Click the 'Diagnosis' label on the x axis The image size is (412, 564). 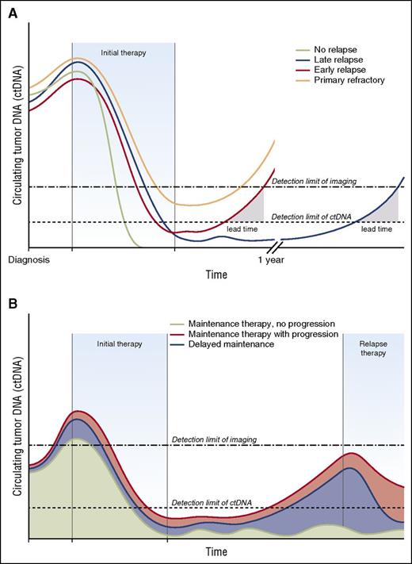(29, 259)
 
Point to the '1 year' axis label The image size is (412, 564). (271, 259)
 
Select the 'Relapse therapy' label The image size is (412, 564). (373, 348)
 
